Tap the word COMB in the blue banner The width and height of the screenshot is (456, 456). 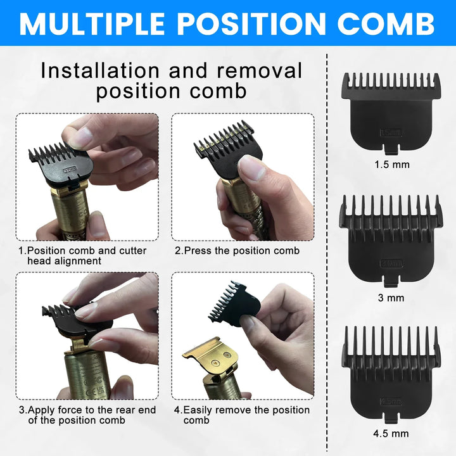click(386, 23)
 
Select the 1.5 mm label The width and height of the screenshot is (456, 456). click(392, 165)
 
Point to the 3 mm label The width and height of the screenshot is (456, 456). click(391, 298)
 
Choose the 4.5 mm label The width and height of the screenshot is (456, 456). click(391, 433)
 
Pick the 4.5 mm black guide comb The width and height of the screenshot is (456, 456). click(391, 374)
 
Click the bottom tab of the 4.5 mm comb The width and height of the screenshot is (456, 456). click(391, 418)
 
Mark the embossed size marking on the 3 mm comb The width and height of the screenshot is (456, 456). click(391, 263)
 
